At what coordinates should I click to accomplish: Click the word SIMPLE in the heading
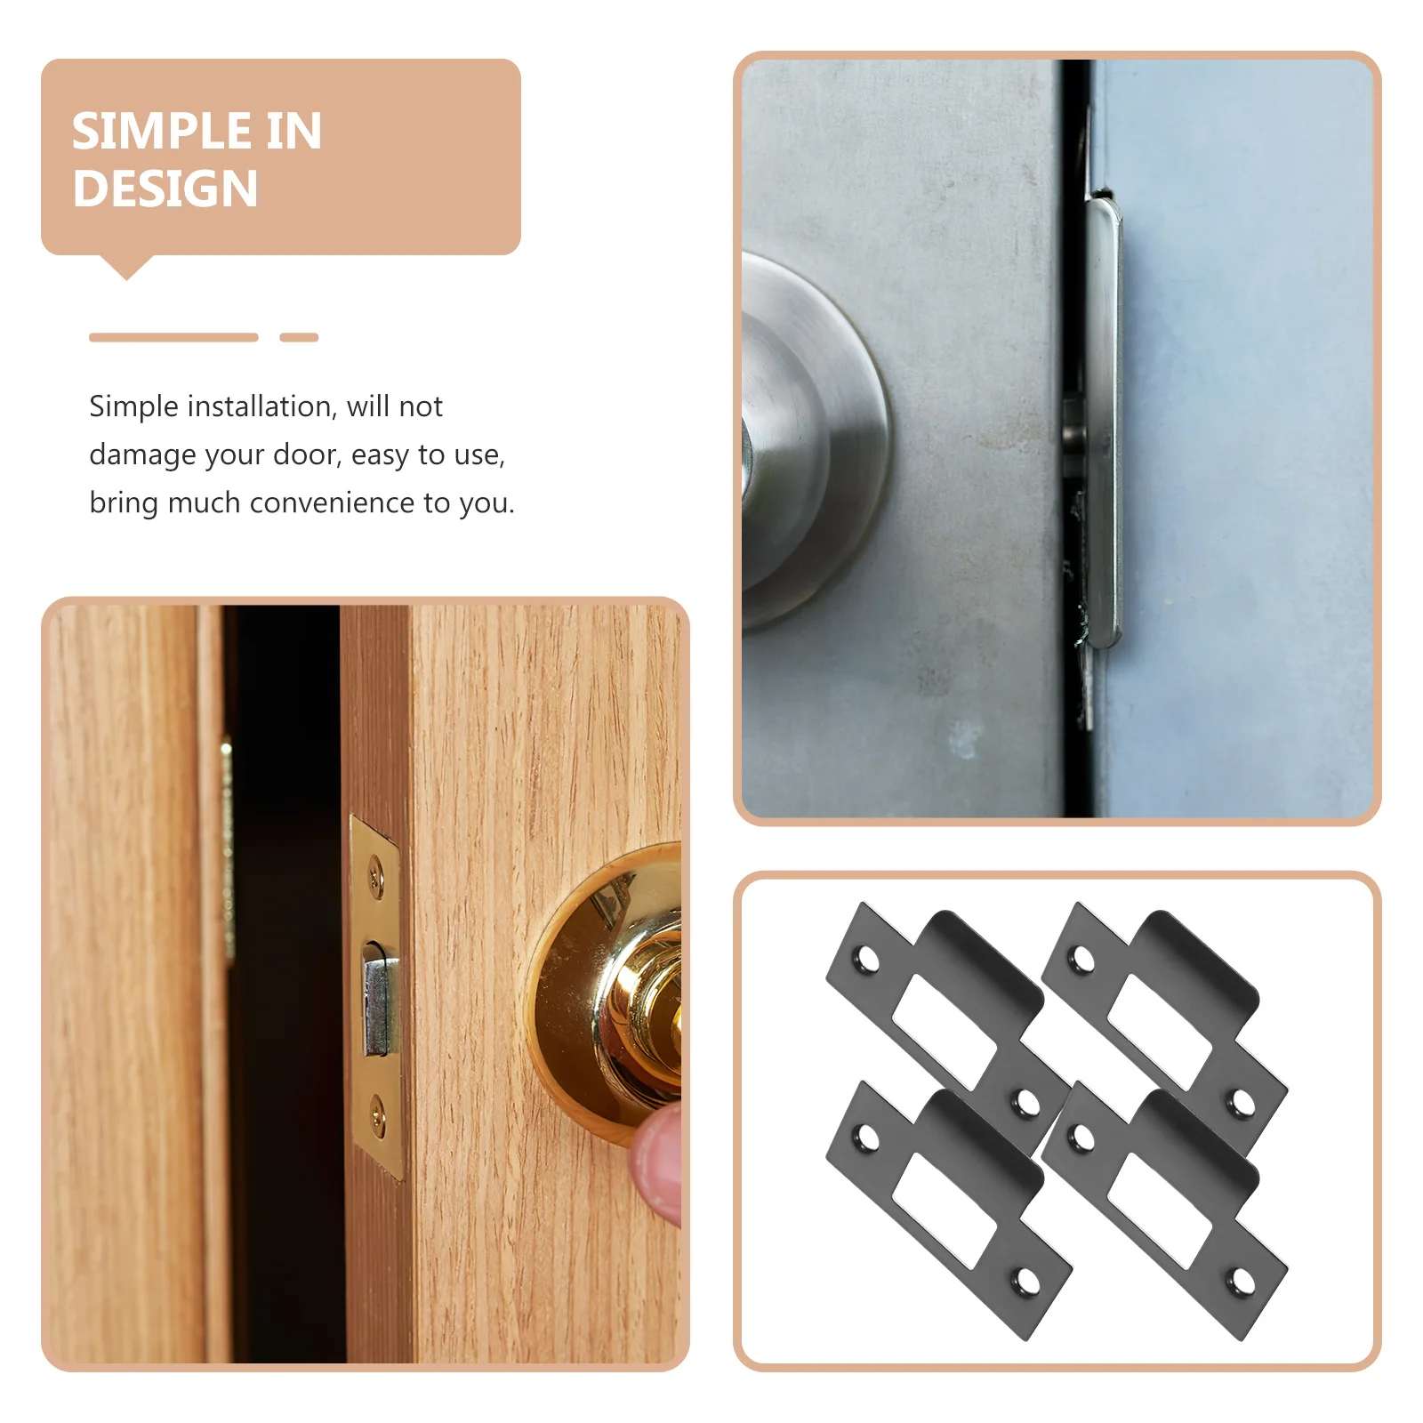coord(149,132)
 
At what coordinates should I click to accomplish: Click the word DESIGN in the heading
coord(165,189)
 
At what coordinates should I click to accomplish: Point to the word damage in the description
coord(142,455)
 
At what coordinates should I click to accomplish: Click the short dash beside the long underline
coord(299,337)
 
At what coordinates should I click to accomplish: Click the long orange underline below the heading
coord(173,337)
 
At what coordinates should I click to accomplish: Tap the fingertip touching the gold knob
coord(658,1165)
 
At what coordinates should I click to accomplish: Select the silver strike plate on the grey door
coord(1103,422)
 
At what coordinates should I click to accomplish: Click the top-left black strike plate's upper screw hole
coord(864,960)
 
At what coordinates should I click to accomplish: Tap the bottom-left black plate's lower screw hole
coord(1026,1282)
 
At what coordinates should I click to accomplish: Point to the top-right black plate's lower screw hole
coord(1241,1104)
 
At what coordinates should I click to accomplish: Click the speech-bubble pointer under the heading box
coord(126,266)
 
